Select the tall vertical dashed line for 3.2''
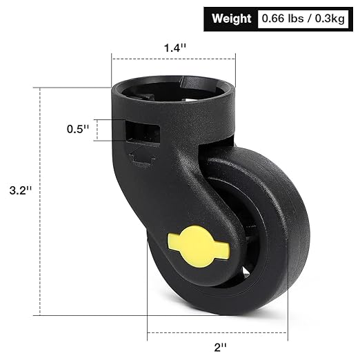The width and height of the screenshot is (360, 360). (41, 200)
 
